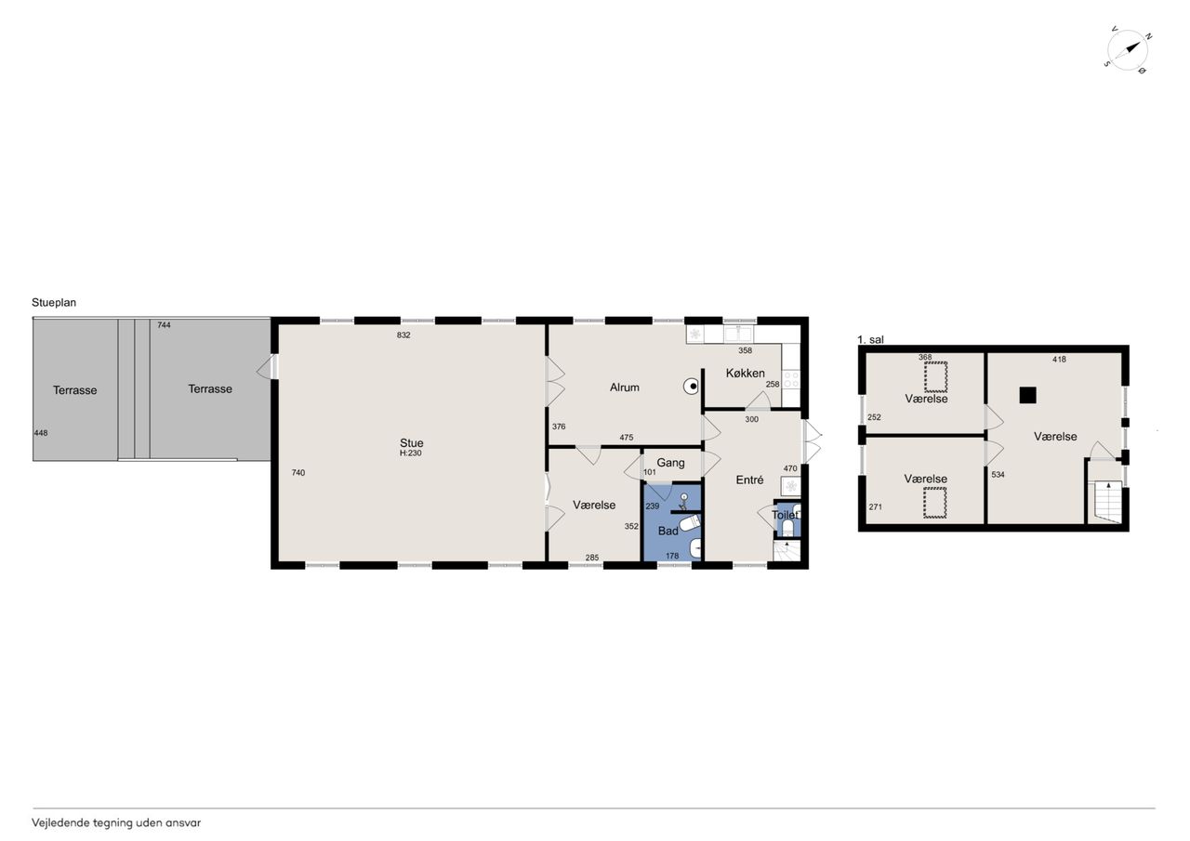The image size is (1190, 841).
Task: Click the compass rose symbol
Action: pos(1127,50)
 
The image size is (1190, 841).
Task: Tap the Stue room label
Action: pos(411,442)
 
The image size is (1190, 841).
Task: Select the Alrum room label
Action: pos(624,388)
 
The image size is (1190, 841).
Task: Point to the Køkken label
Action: pos(745,374)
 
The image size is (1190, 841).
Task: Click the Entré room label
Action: pos(749,480)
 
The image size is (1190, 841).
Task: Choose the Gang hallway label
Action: pos(670,463)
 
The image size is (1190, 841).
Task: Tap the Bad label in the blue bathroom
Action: pos(668,531)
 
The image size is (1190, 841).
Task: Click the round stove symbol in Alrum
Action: pos(691,387)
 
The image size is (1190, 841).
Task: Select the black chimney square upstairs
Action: pos(1027,395)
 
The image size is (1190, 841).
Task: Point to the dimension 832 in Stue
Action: pos(403,335)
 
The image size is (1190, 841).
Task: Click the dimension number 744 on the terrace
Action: pos(164,325)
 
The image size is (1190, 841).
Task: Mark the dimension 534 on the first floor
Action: pos(998,475)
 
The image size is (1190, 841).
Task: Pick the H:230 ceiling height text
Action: pos(411,453)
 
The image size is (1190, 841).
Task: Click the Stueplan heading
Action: pos(54,303)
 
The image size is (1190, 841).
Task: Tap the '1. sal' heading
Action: pos(870,340)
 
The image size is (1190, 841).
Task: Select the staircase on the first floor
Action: pos(1108,501)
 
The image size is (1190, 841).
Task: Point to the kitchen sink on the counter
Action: pos(738,334)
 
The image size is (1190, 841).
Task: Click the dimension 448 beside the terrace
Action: pos(41,433)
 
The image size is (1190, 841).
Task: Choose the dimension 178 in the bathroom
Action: pos(672,556)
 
